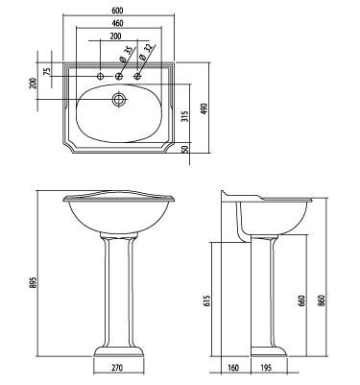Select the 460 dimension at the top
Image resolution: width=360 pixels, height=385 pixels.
118,22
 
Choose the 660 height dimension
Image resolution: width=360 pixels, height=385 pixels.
302,301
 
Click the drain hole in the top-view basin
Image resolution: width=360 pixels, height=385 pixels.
118,98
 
